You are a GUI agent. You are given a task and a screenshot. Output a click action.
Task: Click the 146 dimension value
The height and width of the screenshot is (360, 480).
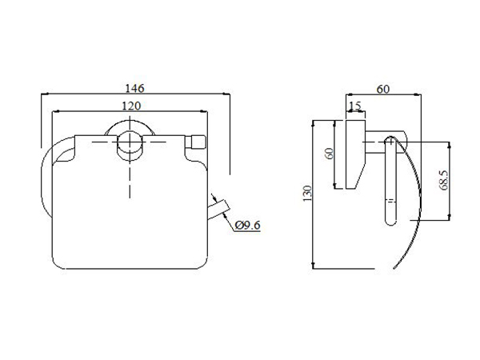pos(134,88)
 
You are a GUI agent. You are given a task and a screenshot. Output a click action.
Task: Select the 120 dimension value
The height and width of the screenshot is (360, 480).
pos(131,106)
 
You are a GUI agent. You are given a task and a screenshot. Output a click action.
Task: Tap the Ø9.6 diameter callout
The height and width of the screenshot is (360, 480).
pos(248,226)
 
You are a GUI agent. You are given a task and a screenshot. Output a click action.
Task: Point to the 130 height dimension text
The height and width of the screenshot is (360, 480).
pos(307,194)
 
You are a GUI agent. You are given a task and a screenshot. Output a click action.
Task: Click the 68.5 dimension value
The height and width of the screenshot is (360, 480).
pos(444,180)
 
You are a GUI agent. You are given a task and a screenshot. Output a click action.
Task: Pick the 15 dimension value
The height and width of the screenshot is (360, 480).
pos(355,106)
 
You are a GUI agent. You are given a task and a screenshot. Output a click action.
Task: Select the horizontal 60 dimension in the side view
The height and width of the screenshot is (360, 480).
pos(383,89)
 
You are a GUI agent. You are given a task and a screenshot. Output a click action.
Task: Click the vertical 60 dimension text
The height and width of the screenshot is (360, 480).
pos(330,154)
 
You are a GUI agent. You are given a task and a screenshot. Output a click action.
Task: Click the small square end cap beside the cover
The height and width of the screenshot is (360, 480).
pos(196,142)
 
